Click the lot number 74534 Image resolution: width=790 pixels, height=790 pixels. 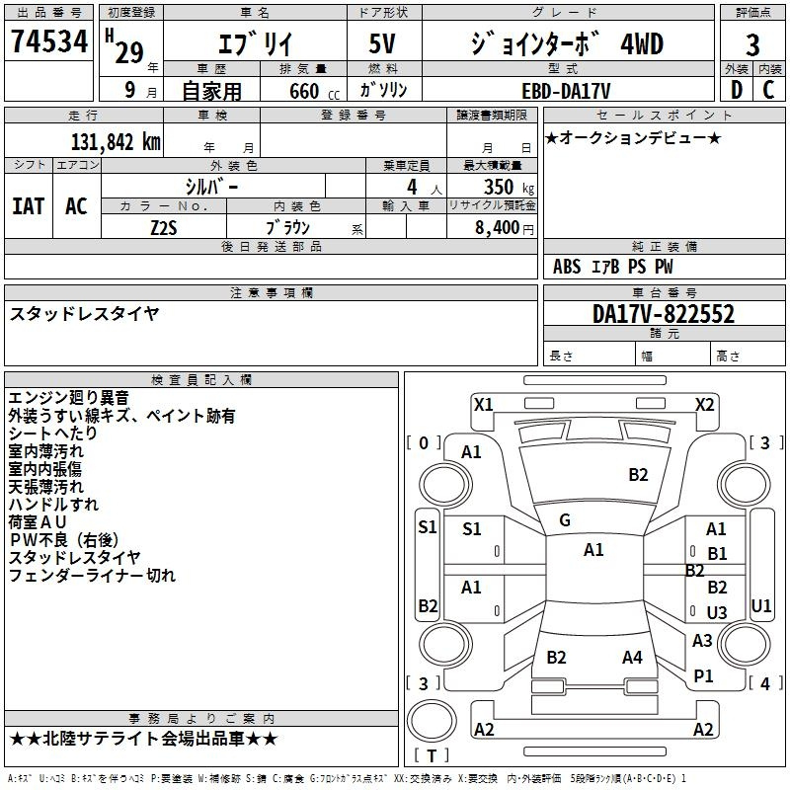tap(49, 41)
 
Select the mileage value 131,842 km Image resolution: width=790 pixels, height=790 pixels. tap(116, 142)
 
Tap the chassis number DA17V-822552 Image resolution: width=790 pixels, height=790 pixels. tap(664, 314)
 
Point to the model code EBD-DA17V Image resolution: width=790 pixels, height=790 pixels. tap(566, 91)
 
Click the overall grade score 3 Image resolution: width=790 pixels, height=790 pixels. tap(752, 44)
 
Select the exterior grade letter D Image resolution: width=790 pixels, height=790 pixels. tap(737, 90)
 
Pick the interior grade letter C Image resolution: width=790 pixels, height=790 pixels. tap(768, 90)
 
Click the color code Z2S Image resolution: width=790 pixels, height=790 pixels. tap(164, 228)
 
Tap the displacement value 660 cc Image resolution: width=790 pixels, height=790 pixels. tap(314, 91)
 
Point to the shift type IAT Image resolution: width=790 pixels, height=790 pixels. tap(28, 206)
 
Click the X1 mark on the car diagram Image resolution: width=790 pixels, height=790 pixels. tap(484, 405)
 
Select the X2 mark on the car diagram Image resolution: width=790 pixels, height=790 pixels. tap(704, 405)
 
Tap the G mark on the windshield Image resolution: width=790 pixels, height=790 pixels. tap(565, 520)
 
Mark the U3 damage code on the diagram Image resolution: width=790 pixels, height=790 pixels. tap(717, 612)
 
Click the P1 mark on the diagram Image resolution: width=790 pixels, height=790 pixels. tap(703, 675)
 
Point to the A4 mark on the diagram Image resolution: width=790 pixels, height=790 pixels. tap(632, 657)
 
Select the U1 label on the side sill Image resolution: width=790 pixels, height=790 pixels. tap(761, 605)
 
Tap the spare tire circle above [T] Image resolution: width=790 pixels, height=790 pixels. tap(432, 721)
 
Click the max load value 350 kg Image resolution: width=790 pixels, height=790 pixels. tap(509, 187)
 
